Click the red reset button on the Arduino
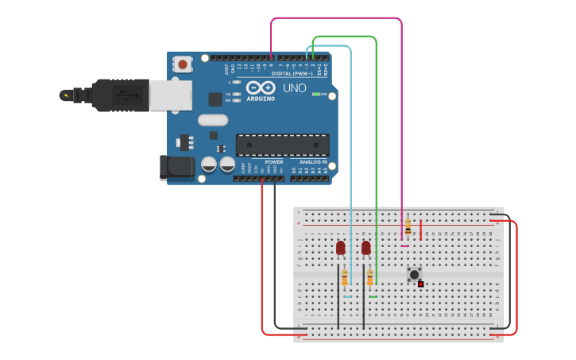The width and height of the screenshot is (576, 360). pyautogui.click(x=183, y=64)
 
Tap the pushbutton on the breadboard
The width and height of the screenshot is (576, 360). pyautogui.click(x=414, y=274)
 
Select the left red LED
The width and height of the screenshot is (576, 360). pyautogui.click(x=341, y=248)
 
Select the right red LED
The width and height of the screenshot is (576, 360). pyautogui.click(x=365, y=248)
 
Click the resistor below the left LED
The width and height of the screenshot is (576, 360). pyautogui.click(x=344, y=277)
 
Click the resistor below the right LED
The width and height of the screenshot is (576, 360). pyautogui.click(x=369, y=277)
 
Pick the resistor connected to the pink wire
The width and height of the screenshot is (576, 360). pyautogui.click(x=408, y=226)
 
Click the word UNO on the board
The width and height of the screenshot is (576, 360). pyautogui.click(x=295, y=88)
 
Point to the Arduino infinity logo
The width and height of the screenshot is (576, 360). pyautogui.click(x=260, y=87)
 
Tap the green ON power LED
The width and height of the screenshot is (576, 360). pyautogui.click(x=315, y=94)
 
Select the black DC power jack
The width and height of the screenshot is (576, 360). pyautogui.click(x=176, y=167)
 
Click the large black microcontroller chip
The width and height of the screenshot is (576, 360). pyautogui.click(x=282, y=145)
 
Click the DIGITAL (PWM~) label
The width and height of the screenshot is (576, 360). pyautogui.click(x=289, y=73)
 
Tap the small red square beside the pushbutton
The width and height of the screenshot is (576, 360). pyautogui.click(x=421, y=284)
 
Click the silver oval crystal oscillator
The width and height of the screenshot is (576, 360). pyautogui.click(x=213, y=120)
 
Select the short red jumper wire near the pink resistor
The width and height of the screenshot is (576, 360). pyautogui.click(x=421, y=229)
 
